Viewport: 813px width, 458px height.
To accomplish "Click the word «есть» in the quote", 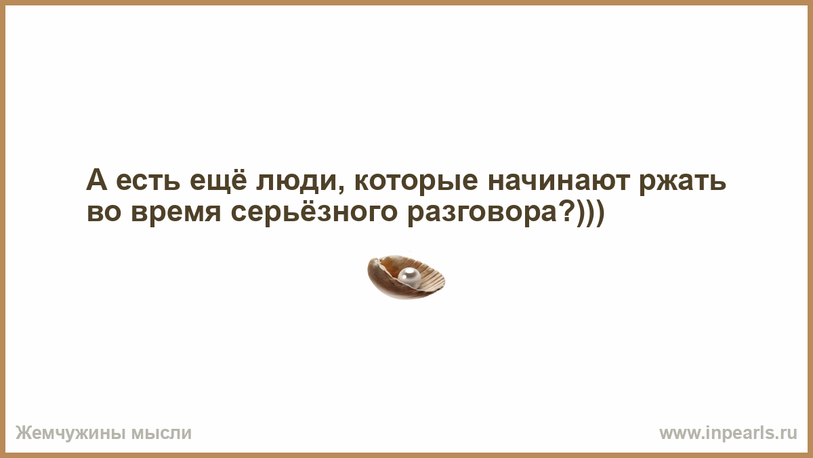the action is [x=148, y=180].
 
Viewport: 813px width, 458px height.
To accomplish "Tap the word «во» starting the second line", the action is [x=104, y=212].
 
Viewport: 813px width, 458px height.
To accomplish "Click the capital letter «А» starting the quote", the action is [x=97, y=179].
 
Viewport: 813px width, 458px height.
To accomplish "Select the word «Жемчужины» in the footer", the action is [x=70, y=434].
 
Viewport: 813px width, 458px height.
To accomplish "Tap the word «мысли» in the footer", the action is [x=161, y=434].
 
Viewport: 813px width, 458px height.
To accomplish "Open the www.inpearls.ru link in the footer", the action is [x=728, y=434].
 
